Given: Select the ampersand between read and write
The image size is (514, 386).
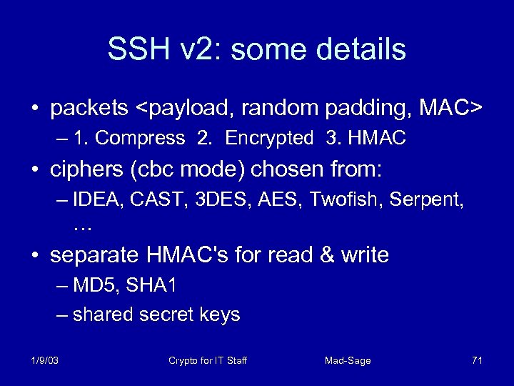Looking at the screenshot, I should [329, 254].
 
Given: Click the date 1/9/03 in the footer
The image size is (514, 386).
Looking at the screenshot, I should [44, 360].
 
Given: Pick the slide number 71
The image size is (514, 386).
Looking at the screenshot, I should [477, 360].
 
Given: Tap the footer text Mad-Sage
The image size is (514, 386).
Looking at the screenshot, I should [348, 360].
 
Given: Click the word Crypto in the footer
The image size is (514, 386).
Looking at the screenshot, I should [183, 360].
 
